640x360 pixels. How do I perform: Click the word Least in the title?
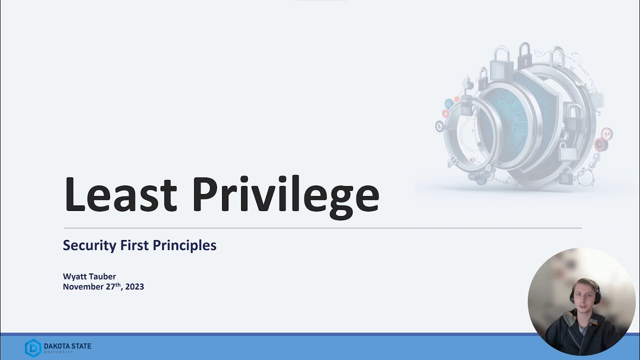coord(120,194)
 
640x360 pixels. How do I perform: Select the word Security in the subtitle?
coord(89,245)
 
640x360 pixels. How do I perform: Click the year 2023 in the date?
coord(134,287)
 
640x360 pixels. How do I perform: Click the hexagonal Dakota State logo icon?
coord(33,347)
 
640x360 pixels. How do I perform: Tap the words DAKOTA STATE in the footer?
coord(67,345)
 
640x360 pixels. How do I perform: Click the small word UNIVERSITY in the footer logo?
coord(58,351)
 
